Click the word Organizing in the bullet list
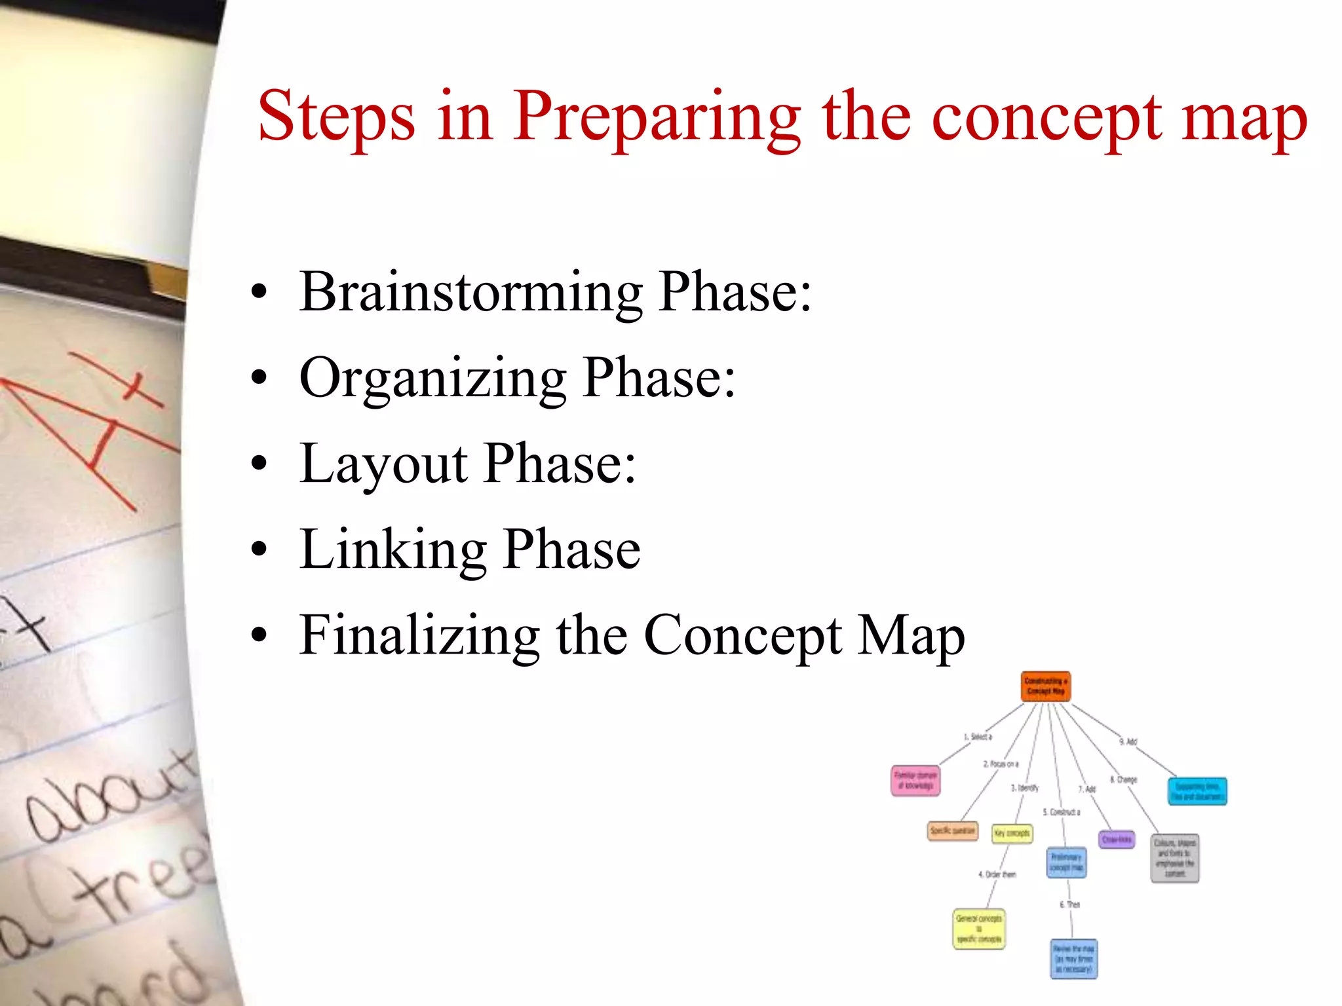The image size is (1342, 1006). [x=432, y=379]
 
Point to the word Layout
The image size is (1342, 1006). [x=383, y=465]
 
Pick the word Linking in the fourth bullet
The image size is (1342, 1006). [x=392, y=550]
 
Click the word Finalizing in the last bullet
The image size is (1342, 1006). [x=419, y=635]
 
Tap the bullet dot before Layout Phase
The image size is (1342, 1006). [x=259, y=464]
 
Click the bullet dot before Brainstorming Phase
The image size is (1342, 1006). [x=259, y=291]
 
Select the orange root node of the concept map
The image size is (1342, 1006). [x=1046, y=686]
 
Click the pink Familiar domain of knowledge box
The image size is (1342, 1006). [x=915, y=781]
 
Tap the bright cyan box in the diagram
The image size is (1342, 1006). [x=1197, y=791]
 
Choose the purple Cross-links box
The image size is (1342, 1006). [x=1117, y=839]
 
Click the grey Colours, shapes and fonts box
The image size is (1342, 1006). [x=1175, y=858]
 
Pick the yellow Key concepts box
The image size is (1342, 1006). [x=1012, y=833]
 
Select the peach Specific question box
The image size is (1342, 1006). [x=952, y=830]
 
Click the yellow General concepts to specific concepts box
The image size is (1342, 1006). [x=979, y=928]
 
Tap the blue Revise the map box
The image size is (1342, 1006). [x=1073, y=959]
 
